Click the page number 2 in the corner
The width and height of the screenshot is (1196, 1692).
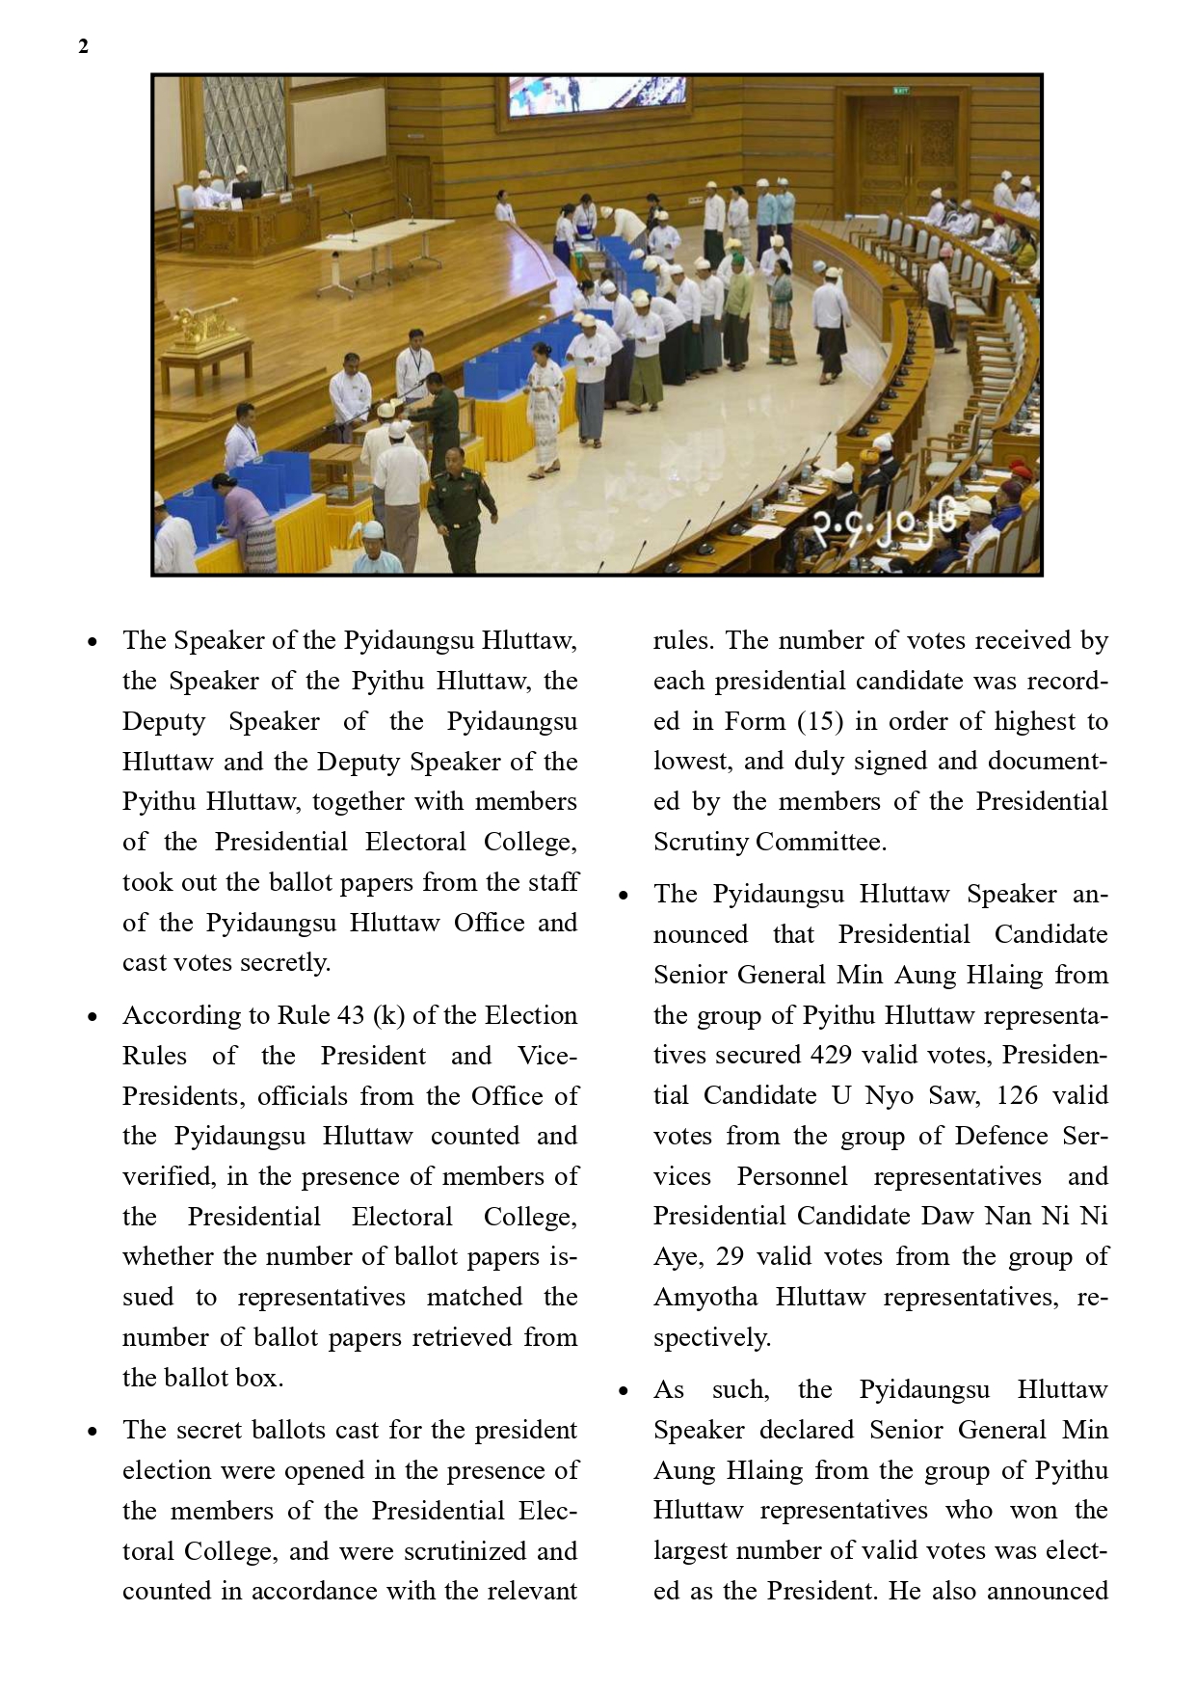(84, 46)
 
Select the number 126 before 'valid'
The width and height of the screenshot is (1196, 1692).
(1017, 1095)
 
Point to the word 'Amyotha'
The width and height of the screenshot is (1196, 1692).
(705, 1297)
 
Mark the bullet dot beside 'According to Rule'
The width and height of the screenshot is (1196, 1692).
(93, 1016)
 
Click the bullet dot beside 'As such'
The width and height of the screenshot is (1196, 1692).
(624, 1390)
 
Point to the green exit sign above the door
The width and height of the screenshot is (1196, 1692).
(900, 91)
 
